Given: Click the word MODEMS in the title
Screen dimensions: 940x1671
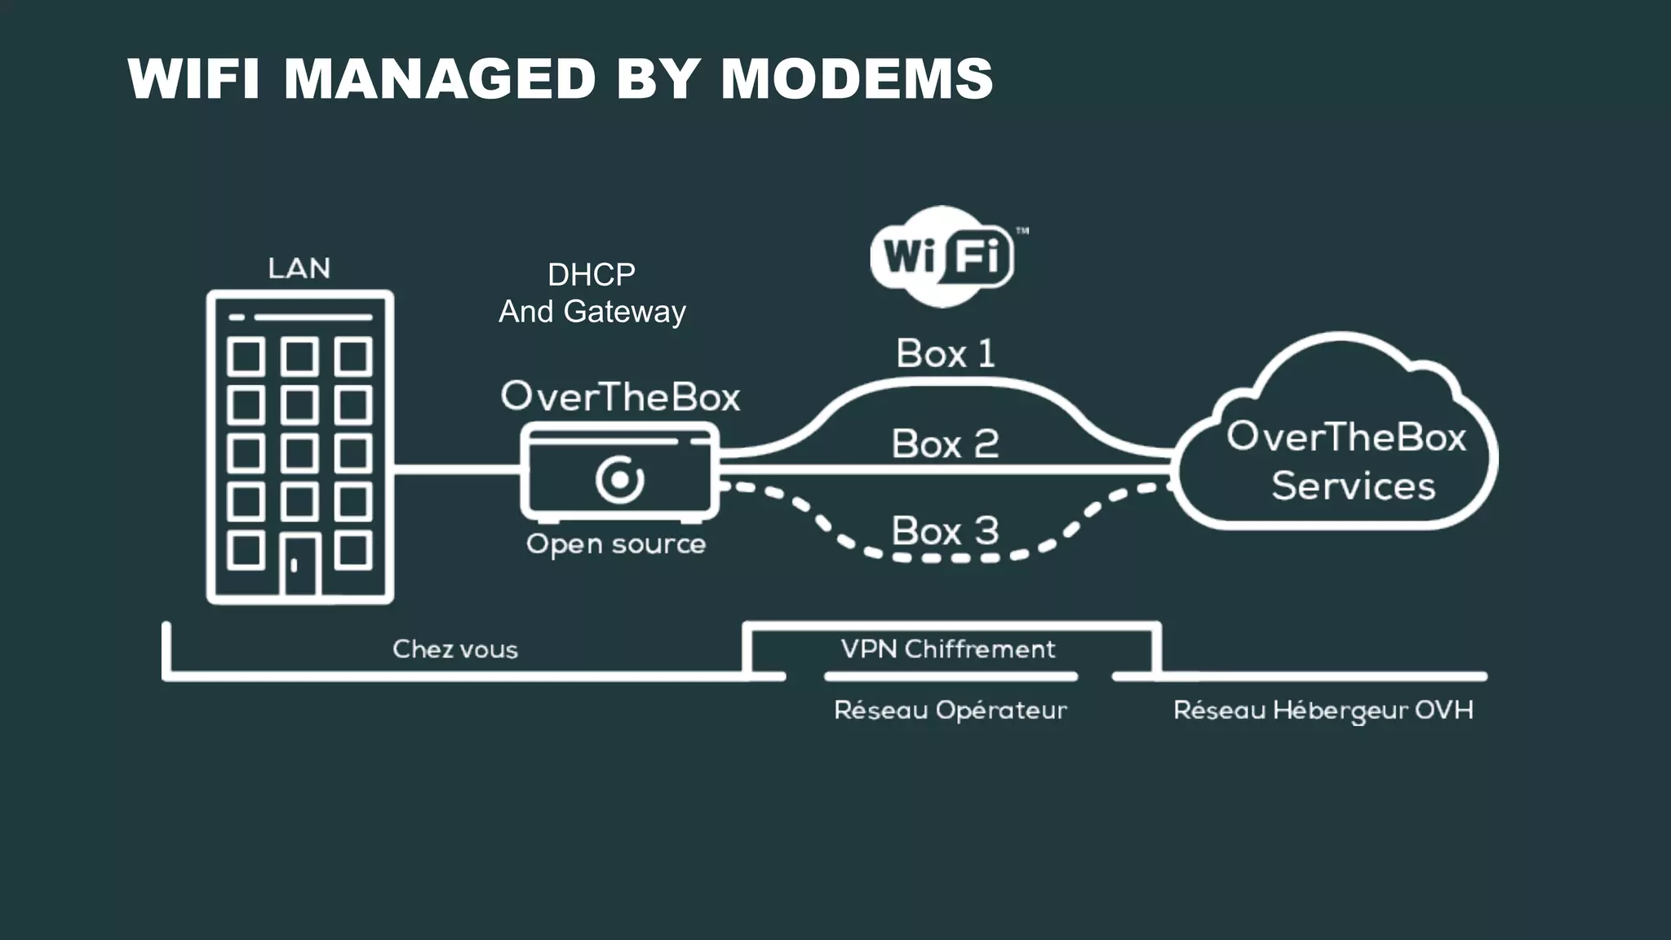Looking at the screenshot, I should pos(857,79).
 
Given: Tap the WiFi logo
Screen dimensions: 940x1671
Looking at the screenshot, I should pos(942,257).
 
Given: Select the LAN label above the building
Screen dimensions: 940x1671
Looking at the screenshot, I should pos(299,268).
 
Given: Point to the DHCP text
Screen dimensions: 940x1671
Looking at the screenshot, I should pos(592,275).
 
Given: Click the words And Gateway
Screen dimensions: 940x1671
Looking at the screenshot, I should pos(592,312).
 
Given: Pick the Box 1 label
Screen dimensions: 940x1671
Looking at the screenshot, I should pos(946,354).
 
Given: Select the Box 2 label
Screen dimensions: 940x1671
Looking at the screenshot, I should pos(945,445).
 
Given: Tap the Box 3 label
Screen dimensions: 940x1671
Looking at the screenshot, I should pos(945,531).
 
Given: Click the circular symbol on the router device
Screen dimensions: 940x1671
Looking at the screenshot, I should pos(620,480).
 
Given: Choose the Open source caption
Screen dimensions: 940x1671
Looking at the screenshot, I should pos(616,544).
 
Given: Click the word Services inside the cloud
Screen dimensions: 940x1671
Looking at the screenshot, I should pos(1353,486).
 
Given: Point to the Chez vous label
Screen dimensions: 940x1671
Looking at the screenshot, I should pos(455,650).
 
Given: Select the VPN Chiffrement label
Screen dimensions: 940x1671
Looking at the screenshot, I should pos(948,650).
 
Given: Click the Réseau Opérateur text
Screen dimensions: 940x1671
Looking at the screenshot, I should pos(951,711).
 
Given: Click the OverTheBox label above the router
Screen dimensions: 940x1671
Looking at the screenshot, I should pos(620,397).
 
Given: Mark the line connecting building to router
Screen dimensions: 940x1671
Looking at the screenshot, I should pos(457,469).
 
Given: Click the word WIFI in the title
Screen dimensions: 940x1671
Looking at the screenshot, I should pos(194,79).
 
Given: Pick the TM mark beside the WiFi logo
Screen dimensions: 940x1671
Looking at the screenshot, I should pos(1022,231).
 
